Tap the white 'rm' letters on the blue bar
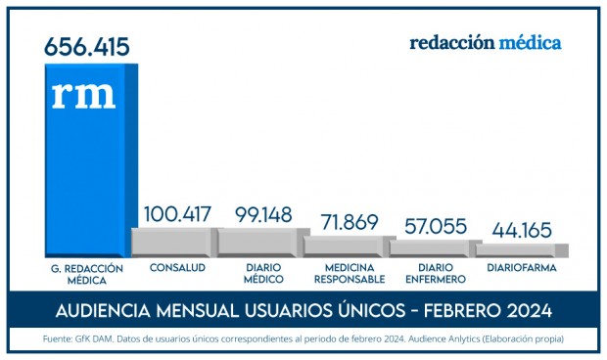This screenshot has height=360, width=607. pyautogui.click(x=83, y=94)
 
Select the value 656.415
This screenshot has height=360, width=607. pyautogui.click(x=87, y=45)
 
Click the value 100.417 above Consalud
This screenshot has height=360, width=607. pyautogui.click(x=177, y=214)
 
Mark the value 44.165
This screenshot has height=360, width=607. pyautogui.click(x=520, y=233)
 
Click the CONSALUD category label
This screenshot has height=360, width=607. pyautogui.click(x=177, y=266)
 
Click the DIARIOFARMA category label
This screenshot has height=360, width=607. pyautogui.click(x=521, y=266)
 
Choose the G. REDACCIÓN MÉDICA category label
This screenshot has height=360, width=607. pyautogui.click(x=86, y=272)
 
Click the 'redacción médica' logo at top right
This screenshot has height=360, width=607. pyautogui.click(x=485, y=43)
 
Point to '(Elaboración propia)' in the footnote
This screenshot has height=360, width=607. pyautogui.click(x=520, y=339)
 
